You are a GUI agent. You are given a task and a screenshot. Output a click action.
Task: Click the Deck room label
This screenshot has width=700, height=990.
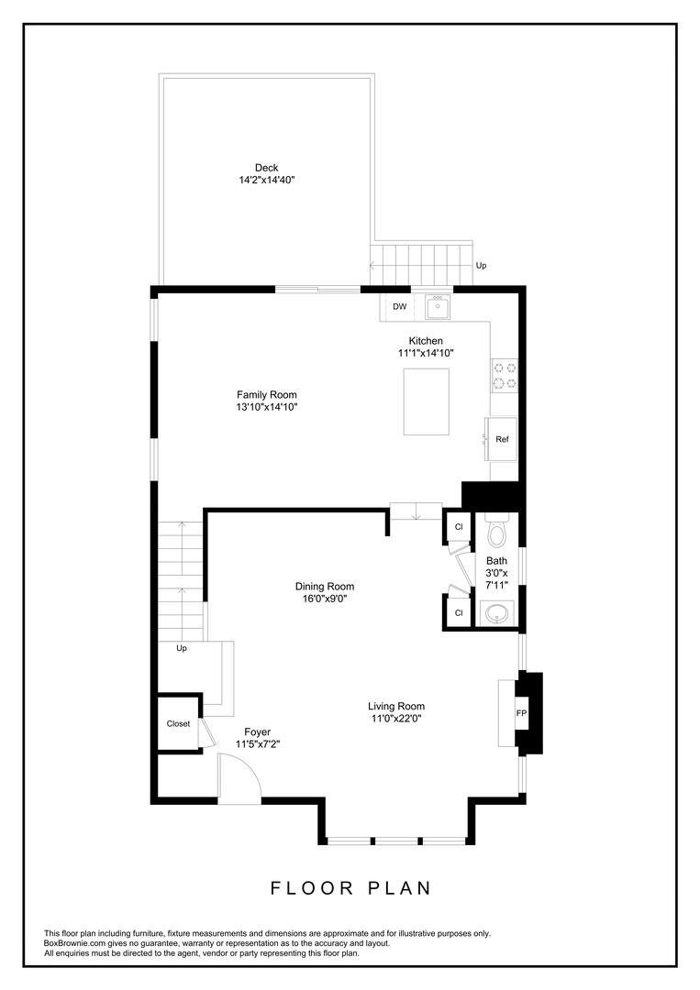tap(267, 168)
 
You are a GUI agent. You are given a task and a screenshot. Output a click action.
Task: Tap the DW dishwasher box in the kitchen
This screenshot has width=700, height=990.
tap(399, 307)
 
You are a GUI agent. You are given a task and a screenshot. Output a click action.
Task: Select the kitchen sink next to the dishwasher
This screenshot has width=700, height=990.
tap(438, 307)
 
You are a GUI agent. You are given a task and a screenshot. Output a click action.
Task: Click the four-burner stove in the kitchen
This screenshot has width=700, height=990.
tap(505, 376)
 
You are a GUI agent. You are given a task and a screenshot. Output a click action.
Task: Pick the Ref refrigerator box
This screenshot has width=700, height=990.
tap(502, 439)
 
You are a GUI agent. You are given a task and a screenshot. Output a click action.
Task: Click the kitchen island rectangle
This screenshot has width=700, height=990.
tap(427, 402)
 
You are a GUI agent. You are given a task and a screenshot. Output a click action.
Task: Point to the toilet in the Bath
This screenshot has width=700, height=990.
tap(497, 531)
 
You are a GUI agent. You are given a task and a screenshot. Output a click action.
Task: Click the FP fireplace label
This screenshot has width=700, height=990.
tap(521, 713)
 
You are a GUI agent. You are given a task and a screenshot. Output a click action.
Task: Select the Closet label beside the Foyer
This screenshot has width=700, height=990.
tap(178, 723)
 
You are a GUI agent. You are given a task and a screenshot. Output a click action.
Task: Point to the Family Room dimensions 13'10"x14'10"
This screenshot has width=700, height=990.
tap(267, 407)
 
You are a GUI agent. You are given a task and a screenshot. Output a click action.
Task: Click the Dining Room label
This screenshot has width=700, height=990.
tap(325, 587)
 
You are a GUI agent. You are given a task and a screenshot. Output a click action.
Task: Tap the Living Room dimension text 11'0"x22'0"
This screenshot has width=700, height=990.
tap(396, 719)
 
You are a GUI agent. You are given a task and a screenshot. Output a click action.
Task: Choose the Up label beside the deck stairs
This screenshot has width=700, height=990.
tap(481, 266)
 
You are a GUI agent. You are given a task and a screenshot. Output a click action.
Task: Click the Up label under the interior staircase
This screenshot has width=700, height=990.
tap(182, 648)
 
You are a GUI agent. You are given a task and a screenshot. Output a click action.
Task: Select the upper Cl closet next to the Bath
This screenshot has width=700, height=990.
tap(459, 526)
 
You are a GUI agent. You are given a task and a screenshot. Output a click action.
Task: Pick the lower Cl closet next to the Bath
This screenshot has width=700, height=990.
tap(459, 612)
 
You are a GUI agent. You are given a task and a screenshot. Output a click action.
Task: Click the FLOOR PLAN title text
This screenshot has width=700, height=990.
tap(350, 888)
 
